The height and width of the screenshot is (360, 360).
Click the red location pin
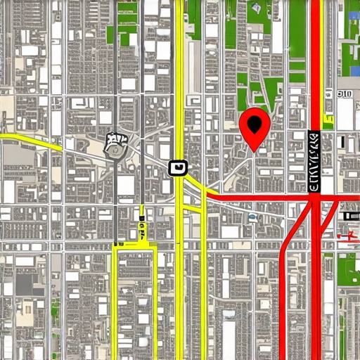tap(254, 127)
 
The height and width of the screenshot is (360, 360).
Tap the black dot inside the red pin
tap(254, 124)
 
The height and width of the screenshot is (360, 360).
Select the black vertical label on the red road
tap(314, 162)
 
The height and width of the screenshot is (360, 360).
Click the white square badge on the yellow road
tap(179, 167)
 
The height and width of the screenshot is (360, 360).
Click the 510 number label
tap(345, 94)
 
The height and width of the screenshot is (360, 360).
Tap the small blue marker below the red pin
tap(252, 217)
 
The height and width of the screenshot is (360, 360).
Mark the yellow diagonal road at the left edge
tap(28, 138)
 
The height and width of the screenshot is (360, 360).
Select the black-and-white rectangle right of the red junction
tap(349, 205)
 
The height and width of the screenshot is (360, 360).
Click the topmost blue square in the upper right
tap(353, 15)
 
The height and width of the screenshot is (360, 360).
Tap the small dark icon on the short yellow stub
tap(141, 226)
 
